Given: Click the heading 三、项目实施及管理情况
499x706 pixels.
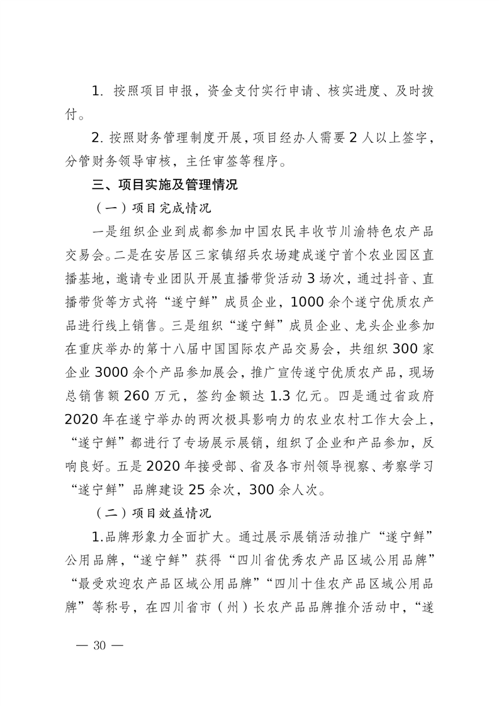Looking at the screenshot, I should [x=165, y=186].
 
